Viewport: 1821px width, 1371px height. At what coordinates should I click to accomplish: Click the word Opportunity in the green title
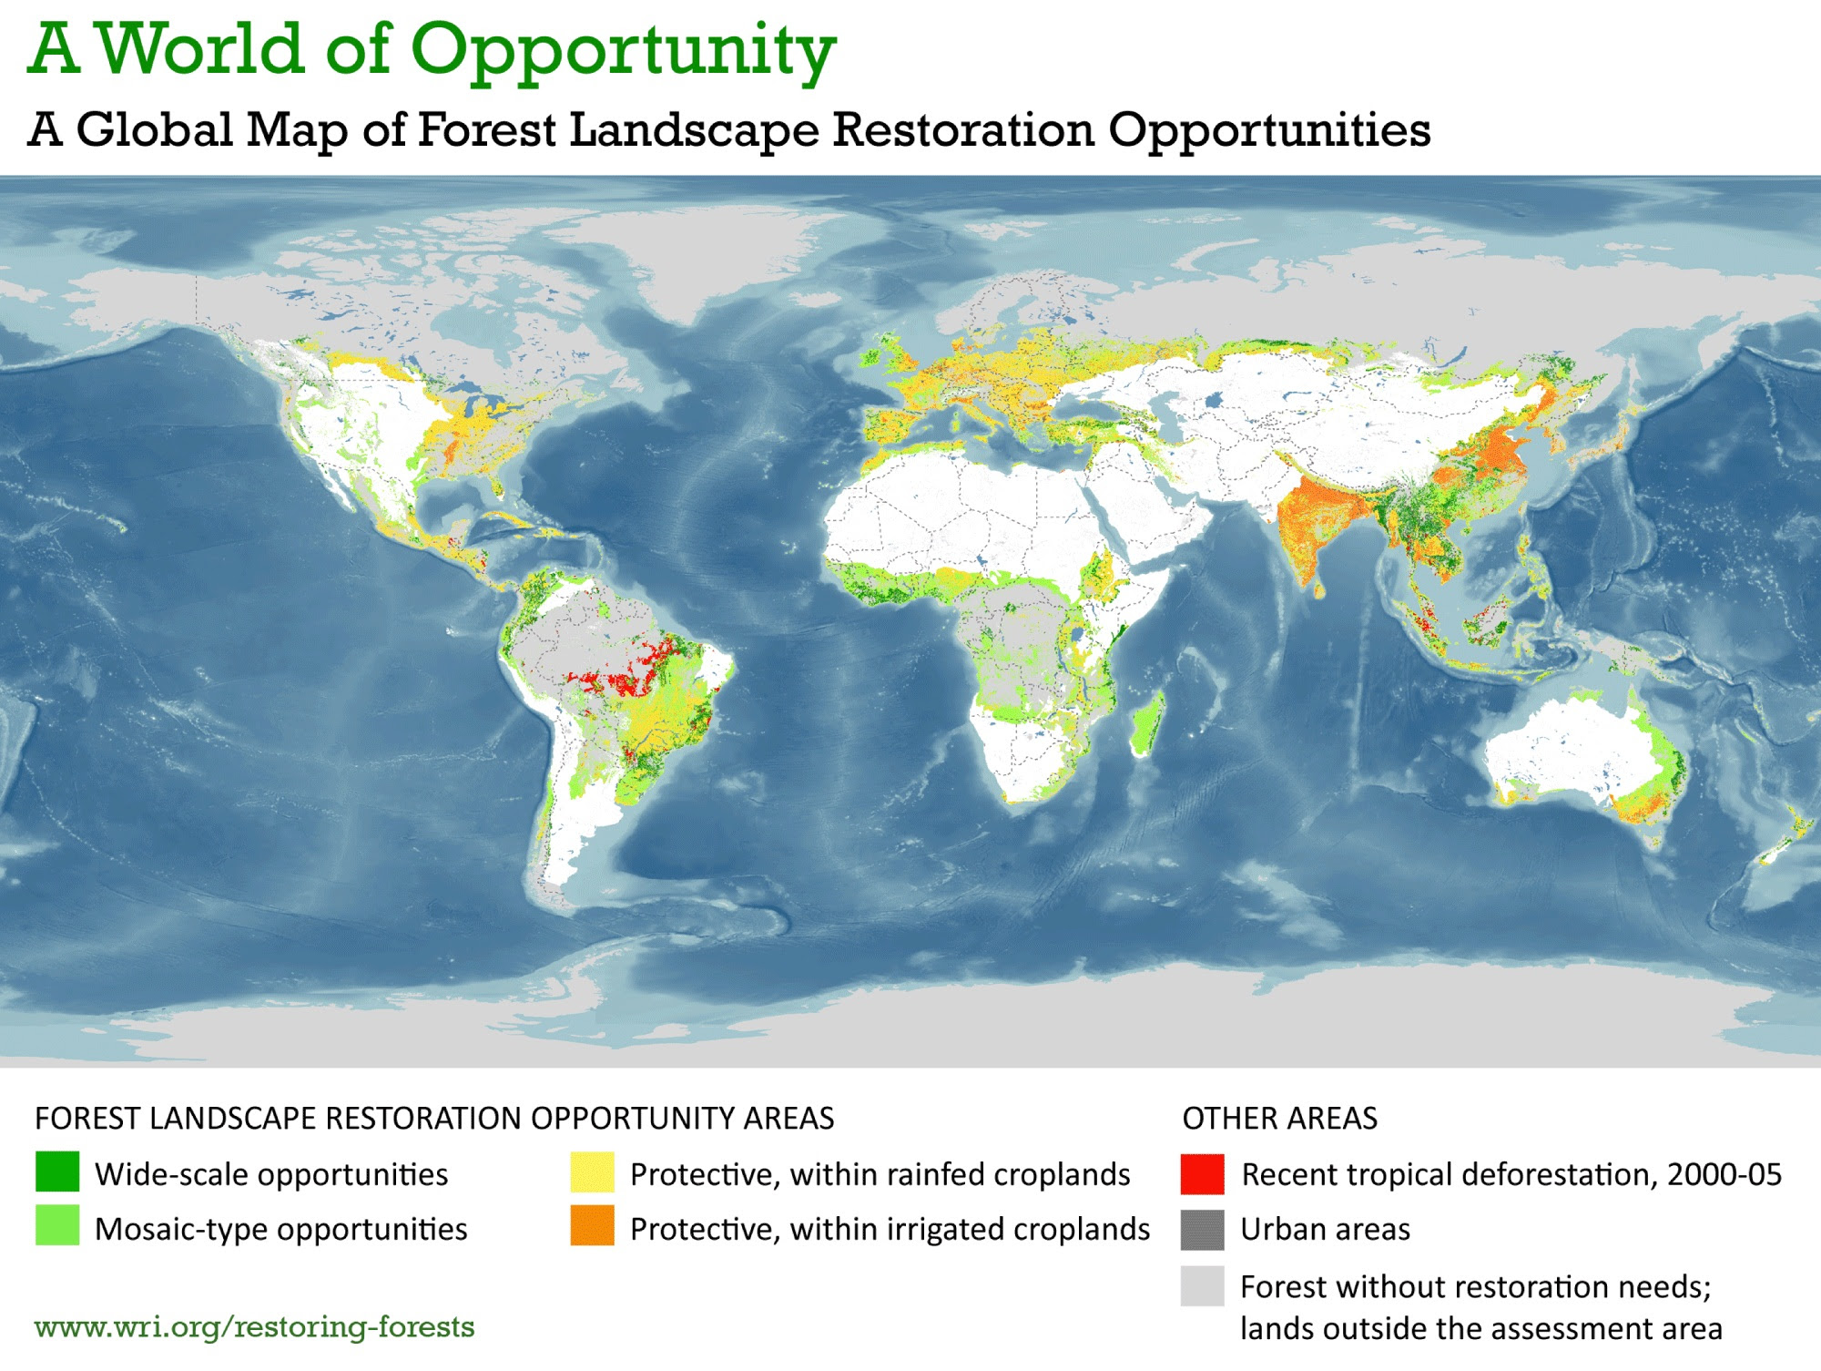623,50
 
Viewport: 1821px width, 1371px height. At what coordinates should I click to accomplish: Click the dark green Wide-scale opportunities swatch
57,1172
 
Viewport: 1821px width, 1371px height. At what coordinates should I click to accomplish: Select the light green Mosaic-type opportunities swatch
57,1225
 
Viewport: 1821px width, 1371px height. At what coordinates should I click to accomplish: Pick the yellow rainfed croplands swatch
592,1172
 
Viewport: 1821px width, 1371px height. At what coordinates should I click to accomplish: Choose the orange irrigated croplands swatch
592,1225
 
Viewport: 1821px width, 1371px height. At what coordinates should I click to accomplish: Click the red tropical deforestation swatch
1202,1173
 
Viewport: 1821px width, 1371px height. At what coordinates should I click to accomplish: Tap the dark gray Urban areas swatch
1202,1230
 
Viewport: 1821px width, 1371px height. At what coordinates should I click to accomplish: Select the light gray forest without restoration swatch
1202,1286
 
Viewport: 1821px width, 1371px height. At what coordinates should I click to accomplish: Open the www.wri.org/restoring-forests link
254,1327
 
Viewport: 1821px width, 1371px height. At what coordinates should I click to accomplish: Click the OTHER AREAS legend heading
1279,1118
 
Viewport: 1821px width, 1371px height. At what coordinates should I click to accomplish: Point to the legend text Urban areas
1325,1230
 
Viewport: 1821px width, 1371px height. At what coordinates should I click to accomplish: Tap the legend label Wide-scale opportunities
271,1174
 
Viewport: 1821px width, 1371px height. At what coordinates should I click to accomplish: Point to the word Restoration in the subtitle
962,129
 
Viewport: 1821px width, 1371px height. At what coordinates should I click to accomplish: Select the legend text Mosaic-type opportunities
280,1229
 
